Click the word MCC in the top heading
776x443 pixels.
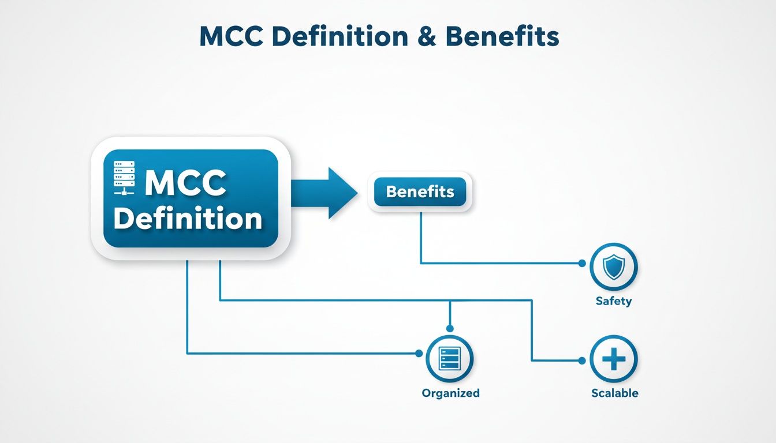(x=229, y=37)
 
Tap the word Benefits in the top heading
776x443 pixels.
(x=502, y=37)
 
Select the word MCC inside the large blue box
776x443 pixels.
(x=185, y=183)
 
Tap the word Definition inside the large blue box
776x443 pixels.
(x=188, y=219)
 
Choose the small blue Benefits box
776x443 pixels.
(x=420, y=192)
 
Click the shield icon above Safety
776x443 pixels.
(x=613, y=266)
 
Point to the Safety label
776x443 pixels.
(x=613, y=301)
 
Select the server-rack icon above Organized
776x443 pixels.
(x=449, y=358)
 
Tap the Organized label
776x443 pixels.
(x=450, y=393)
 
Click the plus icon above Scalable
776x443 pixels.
(x=613, y=359)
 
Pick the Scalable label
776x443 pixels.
(x=614, y=393)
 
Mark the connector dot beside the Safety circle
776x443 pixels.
(x=582, y=263)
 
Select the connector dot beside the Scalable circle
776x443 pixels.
(x=582, y=361)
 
